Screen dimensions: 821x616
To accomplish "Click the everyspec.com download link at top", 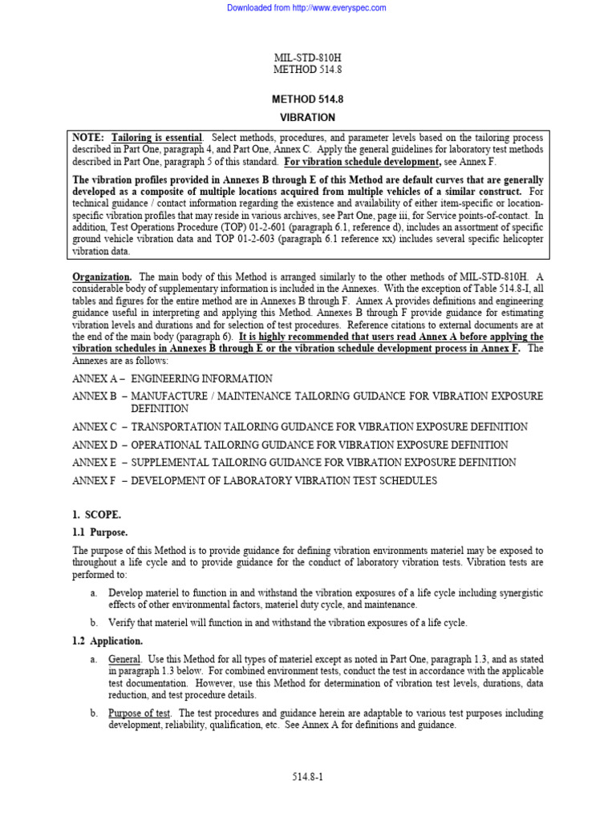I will click(306, 8).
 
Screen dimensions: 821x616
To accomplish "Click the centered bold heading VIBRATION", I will click(307, 117).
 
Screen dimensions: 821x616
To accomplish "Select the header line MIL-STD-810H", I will click(307, 58).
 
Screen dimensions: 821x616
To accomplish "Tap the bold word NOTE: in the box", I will click(89, 138).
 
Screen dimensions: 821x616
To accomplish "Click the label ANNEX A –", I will click(98, 378).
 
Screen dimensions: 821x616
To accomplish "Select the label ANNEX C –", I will click(98, 427).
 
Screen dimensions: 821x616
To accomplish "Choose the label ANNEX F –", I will click(98, 481).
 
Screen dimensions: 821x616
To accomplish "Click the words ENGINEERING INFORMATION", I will click(201, 378).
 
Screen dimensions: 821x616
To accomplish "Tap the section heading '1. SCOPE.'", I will click(97, 515).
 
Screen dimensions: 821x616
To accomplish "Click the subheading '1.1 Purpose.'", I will click(100, 532).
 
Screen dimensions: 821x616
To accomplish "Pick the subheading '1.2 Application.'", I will click(107, 641).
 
